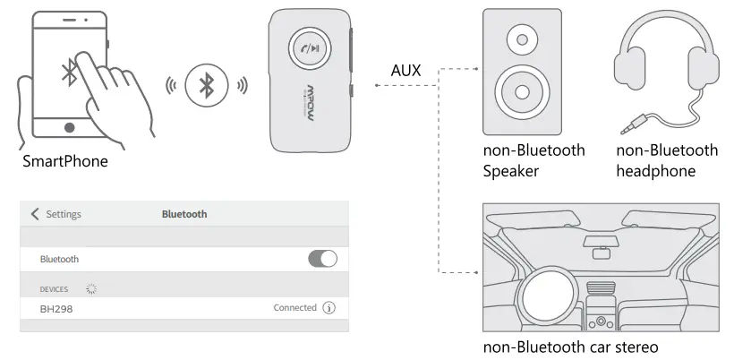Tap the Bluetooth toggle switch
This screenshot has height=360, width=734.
pyautogui.click(x=322, y=259)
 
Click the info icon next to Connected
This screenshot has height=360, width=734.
pyautogui.click(x=329, y=308)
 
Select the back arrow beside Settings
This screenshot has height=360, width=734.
pyautogui.click(x=35, y=214)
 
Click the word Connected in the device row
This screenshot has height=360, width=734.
pyautogui.click(x=294, y=308)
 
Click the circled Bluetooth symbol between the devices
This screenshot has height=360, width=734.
pyautogui.click(x=206, y=86)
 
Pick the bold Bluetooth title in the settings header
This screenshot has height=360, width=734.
pyautogui.click(x=183, y=214)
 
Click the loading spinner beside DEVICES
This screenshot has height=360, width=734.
pyautogui.click(x=90, y=289)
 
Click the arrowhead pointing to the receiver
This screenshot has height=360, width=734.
pyautogui.click(x=378, y=86)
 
